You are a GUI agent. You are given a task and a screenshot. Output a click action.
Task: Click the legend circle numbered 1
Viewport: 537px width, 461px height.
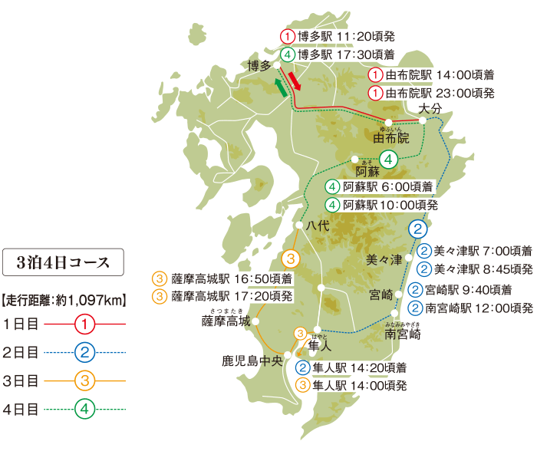(84, 324)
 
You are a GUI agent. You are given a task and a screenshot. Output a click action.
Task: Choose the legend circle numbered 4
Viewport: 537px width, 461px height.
(84, 408)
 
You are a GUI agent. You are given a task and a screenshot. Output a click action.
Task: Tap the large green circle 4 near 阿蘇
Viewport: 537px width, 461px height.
(389, 160)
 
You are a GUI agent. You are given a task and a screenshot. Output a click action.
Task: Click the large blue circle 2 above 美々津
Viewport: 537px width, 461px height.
(417, 229)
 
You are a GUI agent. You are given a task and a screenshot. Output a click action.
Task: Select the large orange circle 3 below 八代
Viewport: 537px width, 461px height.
(291, 258)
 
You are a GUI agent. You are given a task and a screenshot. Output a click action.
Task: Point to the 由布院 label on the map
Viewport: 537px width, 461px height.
(391, 139)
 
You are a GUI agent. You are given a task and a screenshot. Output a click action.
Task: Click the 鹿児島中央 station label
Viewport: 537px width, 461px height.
(252, 359)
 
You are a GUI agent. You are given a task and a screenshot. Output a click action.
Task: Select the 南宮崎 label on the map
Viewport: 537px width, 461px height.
(403, 334)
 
